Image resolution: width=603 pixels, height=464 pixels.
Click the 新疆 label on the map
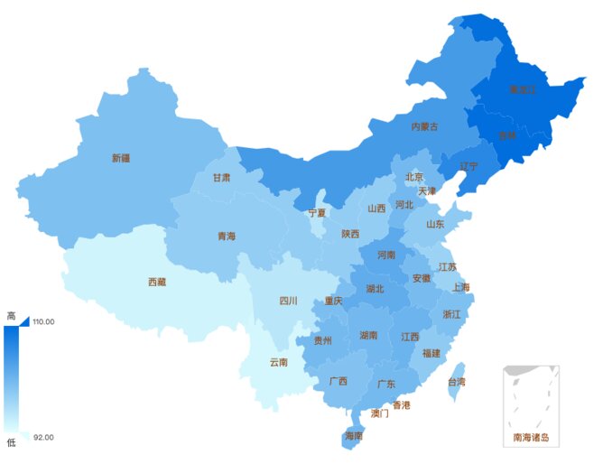click(121, 158)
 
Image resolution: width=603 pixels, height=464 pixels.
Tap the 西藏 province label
click(157, 282)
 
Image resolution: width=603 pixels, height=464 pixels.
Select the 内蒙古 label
click(424, 127)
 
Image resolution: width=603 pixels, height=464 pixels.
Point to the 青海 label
click(226, 237)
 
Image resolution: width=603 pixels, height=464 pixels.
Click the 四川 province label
click(288, 301)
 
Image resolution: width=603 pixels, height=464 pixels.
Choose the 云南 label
click(279, 363)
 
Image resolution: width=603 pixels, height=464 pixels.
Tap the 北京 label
click(414, 177)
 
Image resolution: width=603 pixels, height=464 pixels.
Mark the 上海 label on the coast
click(460, 288)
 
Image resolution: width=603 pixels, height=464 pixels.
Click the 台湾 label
click(458, 382)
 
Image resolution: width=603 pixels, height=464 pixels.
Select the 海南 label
click(353, 436)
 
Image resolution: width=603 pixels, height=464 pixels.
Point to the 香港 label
click(401, 405)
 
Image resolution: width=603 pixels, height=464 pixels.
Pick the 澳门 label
click(380, 413)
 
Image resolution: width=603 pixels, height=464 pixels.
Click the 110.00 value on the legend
click(44, 321)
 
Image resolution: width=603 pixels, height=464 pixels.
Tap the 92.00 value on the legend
click(43, 438)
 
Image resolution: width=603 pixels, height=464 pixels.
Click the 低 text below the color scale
click(11, 443)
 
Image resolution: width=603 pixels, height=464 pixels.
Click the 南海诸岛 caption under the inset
click(531, 438)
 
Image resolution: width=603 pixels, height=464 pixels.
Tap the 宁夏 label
click(317, 214)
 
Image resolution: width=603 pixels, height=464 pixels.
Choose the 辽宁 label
click(469, 167)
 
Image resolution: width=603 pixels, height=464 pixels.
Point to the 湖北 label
click(375, 290)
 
